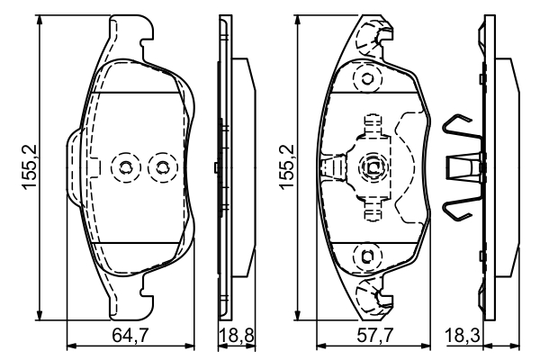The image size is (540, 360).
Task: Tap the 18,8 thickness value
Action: click(236, 336)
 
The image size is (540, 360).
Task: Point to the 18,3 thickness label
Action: click(465, 336)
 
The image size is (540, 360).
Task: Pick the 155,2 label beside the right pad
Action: click(286, 167)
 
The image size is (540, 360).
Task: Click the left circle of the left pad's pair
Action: click(123, 166)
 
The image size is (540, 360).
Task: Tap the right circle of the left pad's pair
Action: click(162, 166)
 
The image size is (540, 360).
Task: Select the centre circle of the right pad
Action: click(373, 166)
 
